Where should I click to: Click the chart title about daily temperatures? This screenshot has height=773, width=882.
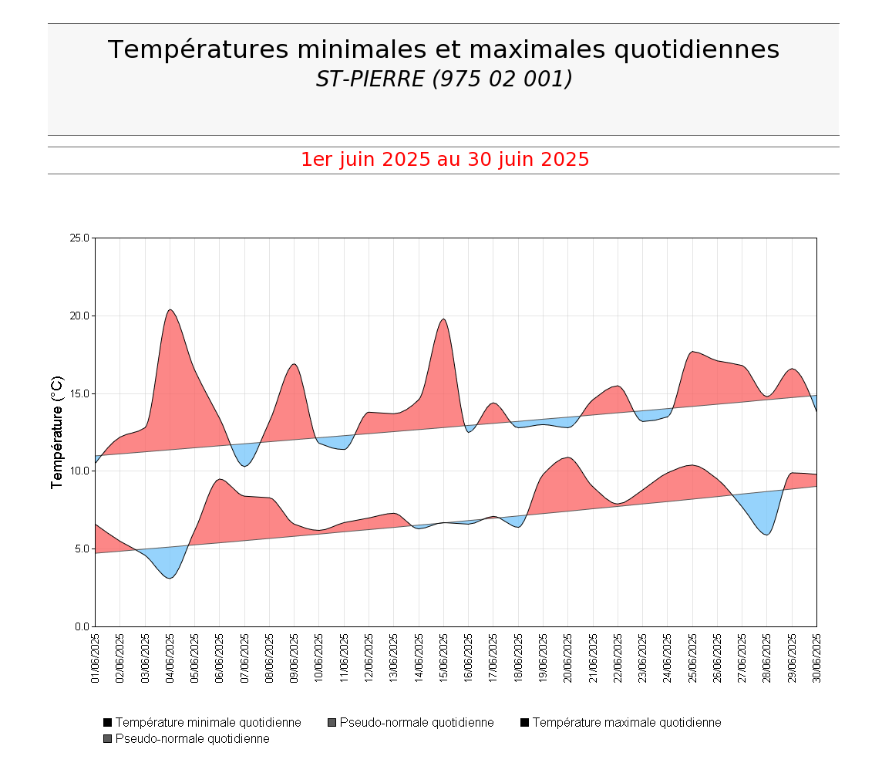(443, 49)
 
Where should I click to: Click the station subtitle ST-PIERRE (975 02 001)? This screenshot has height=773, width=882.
(443, 79)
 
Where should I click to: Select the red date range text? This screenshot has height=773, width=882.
(445, 160)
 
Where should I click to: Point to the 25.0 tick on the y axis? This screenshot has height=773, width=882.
(79, 238)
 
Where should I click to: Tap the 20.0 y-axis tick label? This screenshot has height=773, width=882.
(79, 316)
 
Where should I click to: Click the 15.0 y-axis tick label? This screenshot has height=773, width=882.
(79, 393)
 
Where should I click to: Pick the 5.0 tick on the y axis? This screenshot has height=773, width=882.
(82, 549)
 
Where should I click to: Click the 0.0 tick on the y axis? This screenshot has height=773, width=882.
(82, 626)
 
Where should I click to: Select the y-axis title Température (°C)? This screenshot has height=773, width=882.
(57, 432)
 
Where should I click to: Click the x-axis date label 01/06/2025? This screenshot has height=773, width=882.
(96, 658)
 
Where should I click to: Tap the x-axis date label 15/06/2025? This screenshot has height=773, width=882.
(444, 658)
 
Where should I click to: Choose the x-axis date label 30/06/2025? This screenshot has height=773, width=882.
(816, 658)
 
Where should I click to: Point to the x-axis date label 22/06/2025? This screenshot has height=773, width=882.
(618, 658)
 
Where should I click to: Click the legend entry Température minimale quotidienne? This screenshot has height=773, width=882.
(207, 723)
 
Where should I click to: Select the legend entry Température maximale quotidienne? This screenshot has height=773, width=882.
(626, 723)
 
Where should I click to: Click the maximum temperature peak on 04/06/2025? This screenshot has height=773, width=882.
(170, 309)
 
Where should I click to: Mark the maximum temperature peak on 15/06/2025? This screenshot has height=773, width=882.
(443, 319)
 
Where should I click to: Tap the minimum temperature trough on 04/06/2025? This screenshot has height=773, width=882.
(170, 578)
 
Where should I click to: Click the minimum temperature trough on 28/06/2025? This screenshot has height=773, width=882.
(766, 535)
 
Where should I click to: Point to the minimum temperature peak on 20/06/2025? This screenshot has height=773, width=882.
(568, 457)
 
